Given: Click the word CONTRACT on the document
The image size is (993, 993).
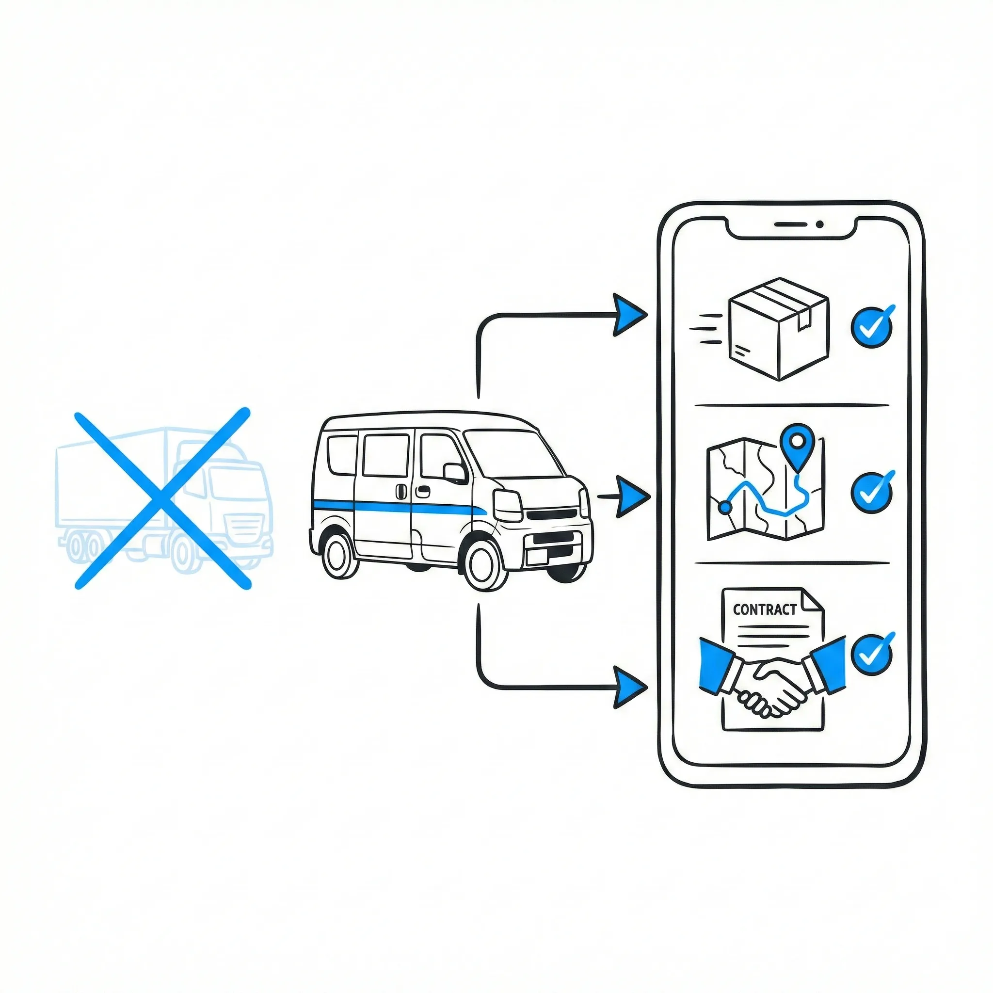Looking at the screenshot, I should coord(764,609).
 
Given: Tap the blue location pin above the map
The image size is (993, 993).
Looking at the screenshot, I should coord(797,442).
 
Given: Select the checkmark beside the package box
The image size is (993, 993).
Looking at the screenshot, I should coord(872,327).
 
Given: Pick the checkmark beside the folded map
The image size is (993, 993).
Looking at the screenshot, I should coord(872,493).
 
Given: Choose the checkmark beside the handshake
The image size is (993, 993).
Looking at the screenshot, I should coord(872,654).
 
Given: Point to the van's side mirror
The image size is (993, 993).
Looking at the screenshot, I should coord(455,473).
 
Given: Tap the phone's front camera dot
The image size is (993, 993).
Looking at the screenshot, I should coord(820,224).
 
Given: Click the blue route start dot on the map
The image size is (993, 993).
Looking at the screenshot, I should coord(725,508).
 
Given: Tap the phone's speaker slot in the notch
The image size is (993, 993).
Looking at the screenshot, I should coord(790,224).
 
